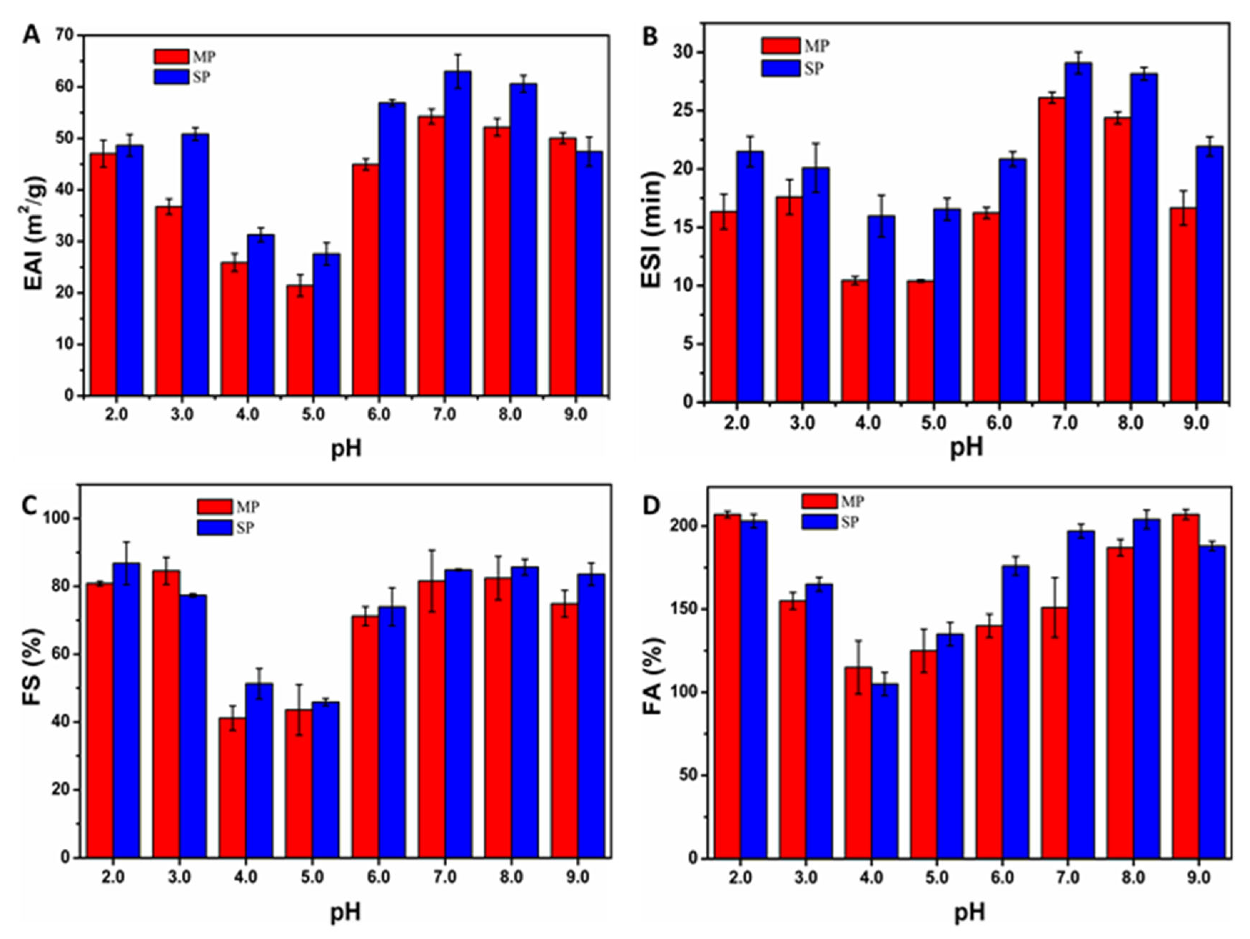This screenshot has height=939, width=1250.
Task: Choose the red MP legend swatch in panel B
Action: tap(780, 46)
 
